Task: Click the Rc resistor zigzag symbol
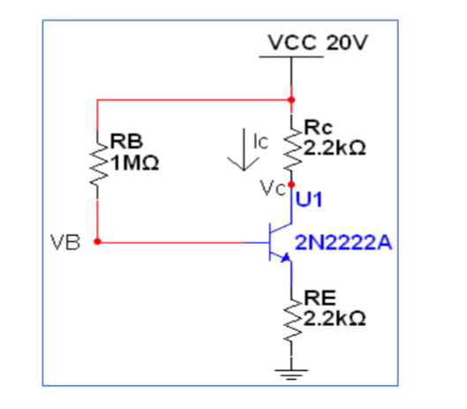click(x=291, y=150)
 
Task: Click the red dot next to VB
click(x=98, y=240)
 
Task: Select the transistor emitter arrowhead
click(x=285, y=257)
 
